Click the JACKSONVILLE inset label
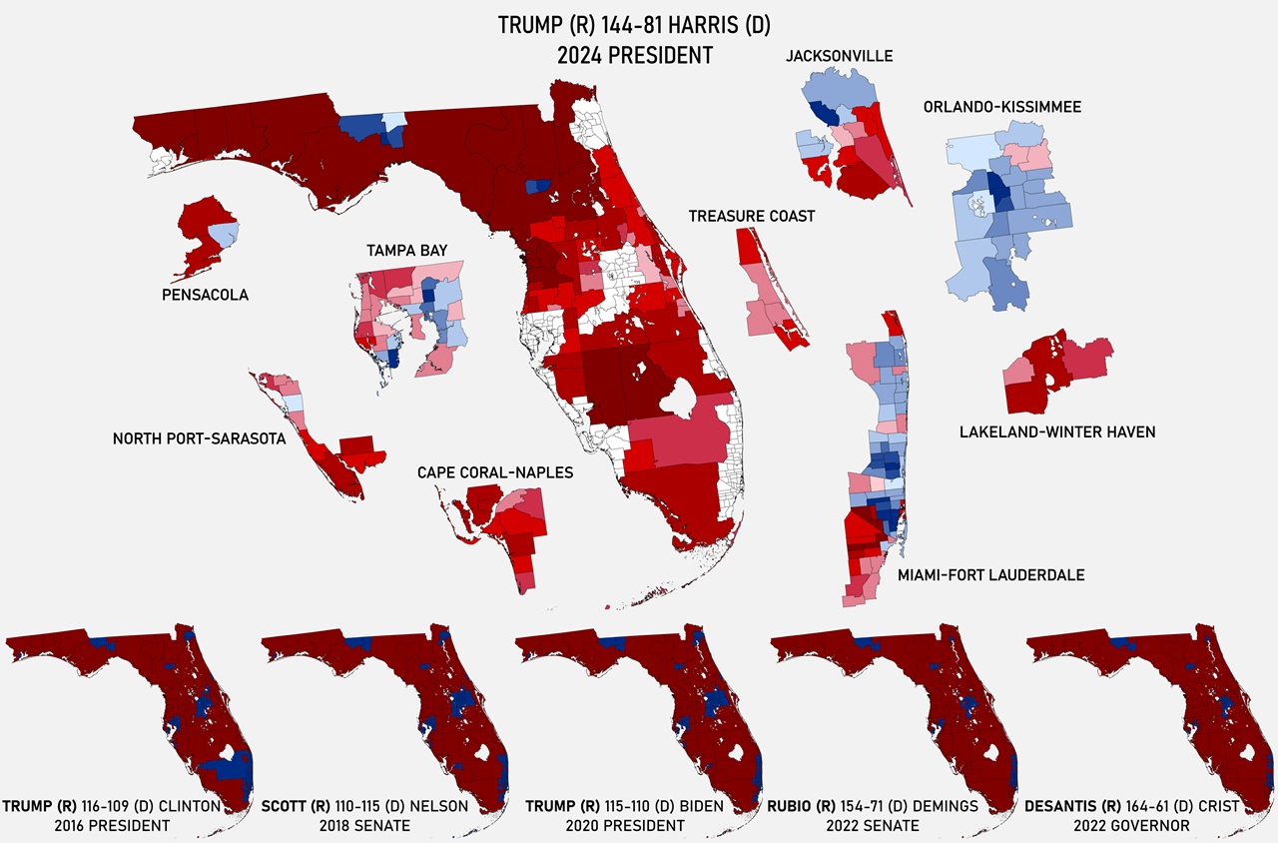839,56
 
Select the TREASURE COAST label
751,216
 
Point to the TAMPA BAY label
406,250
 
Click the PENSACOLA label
205,295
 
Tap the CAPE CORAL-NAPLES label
495,472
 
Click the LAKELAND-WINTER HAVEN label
1057,432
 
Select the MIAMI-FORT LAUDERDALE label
990,574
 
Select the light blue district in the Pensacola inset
227,234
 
